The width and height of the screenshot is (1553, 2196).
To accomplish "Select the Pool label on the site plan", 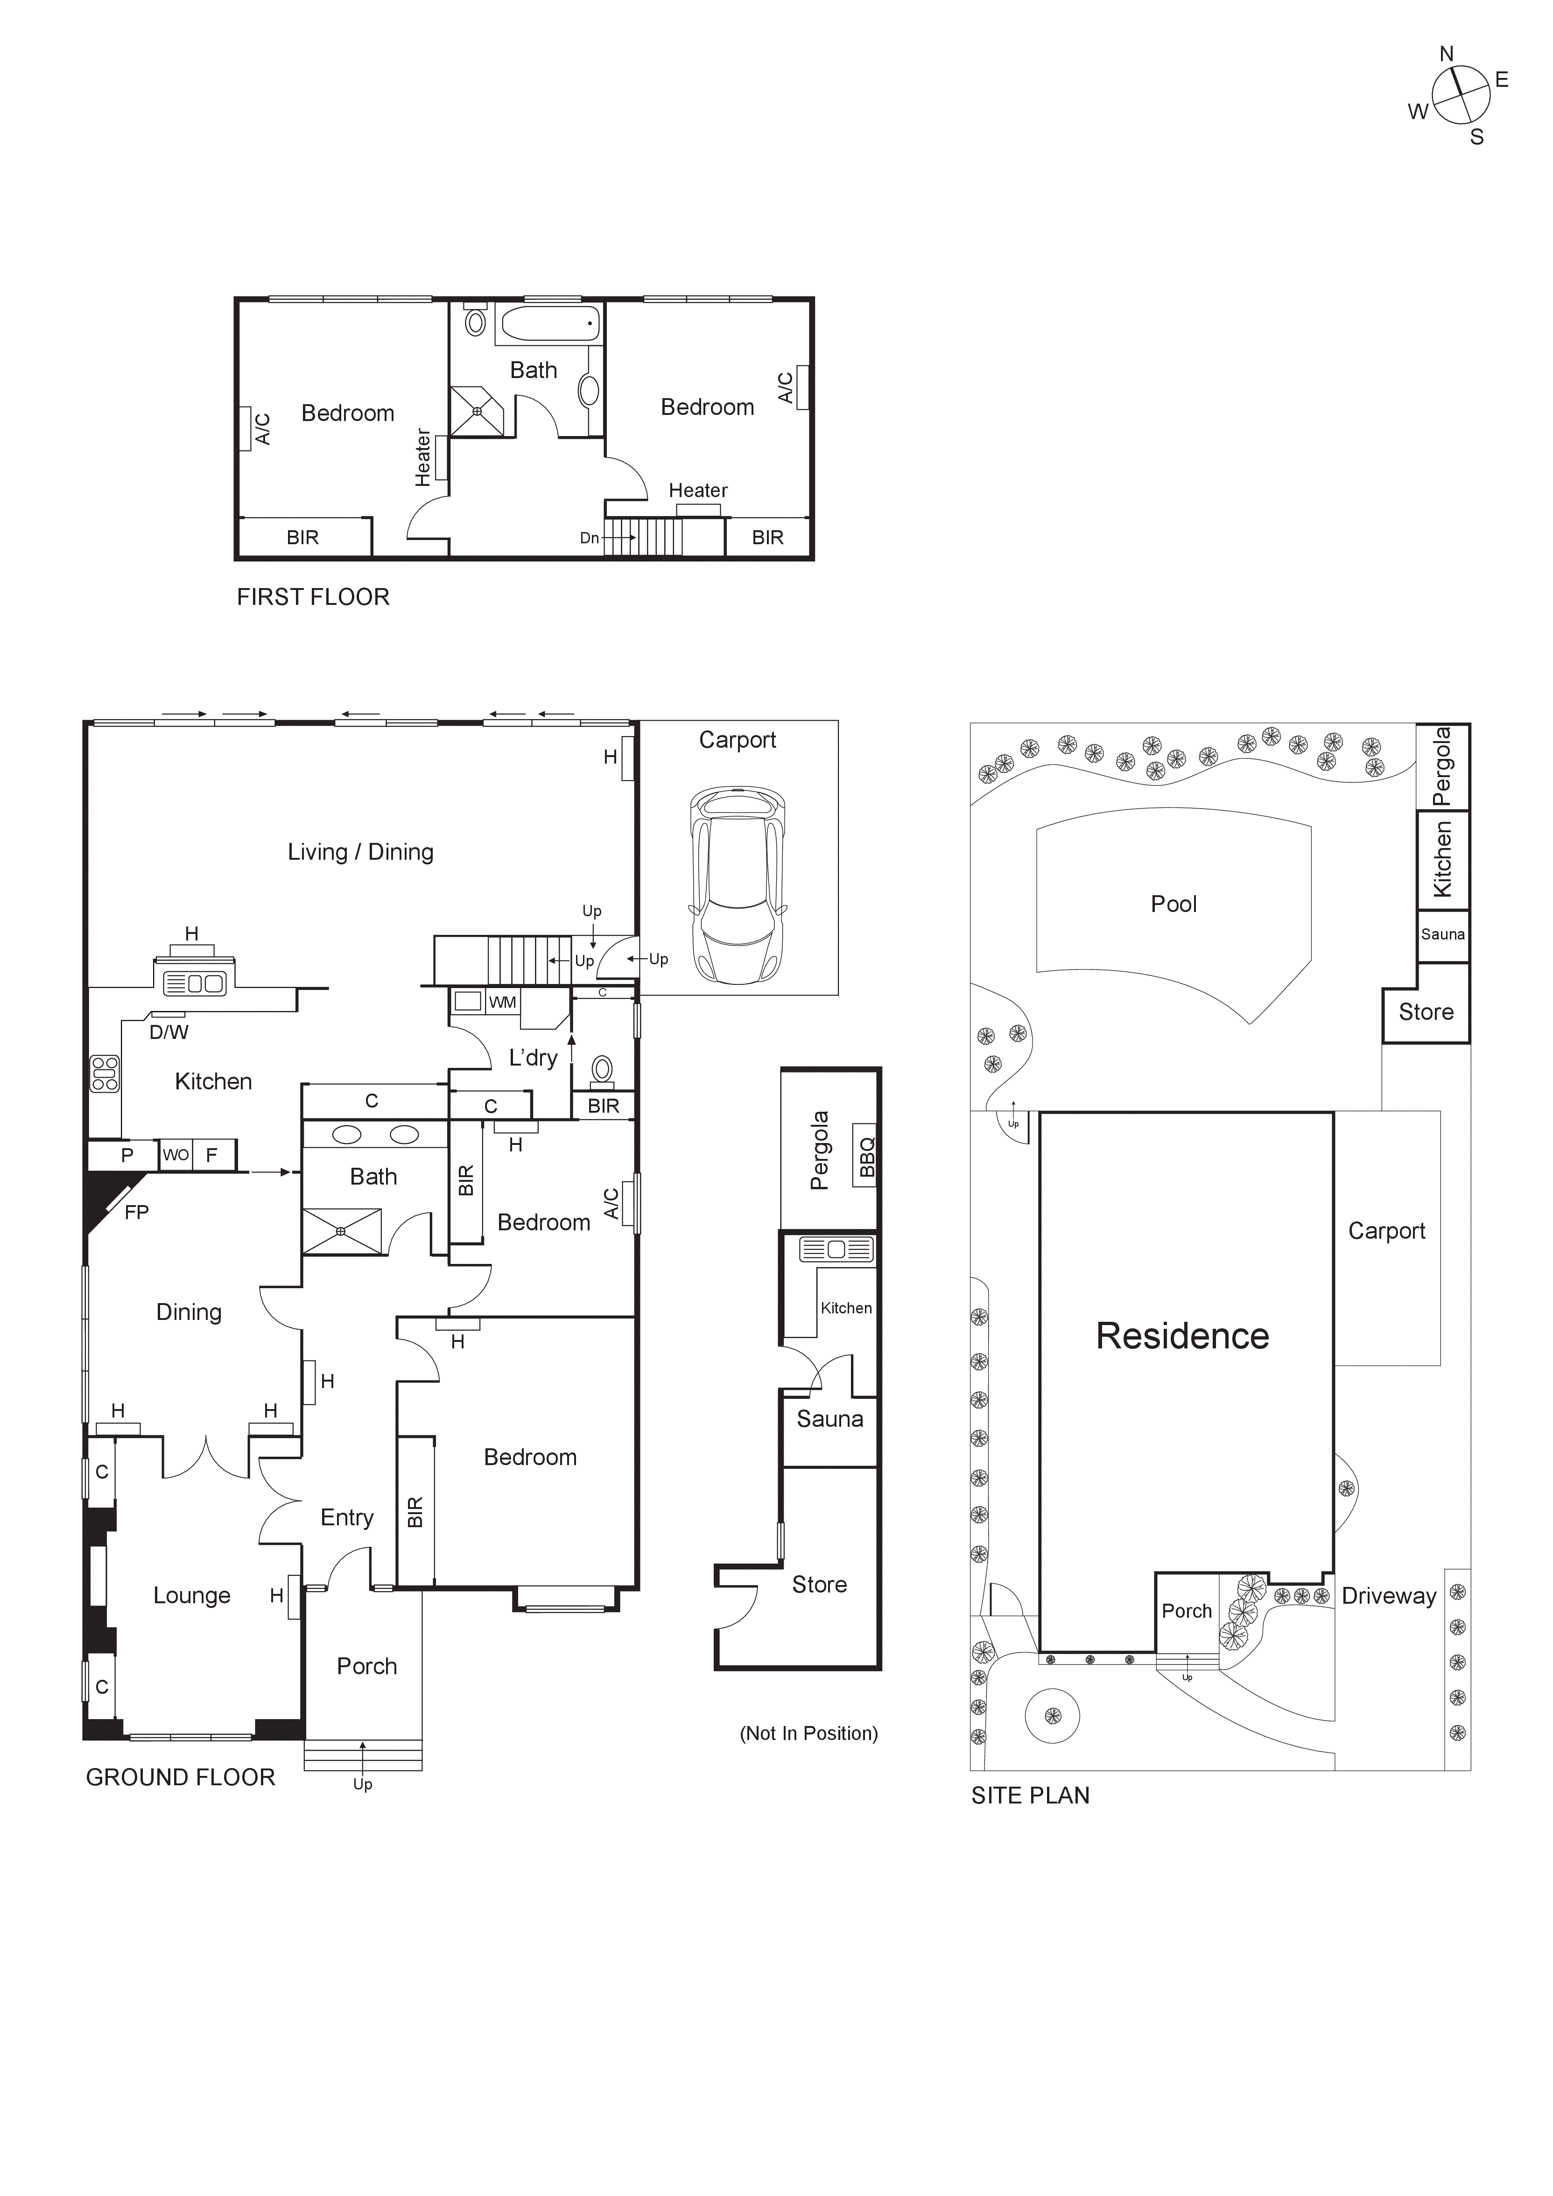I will [1174, 904].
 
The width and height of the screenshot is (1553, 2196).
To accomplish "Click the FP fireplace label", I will [137, 1212].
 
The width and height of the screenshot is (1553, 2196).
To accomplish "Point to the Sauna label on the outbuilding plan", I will [829, 1418].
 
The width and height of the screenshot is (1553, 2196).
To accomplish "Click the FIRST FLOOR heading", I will [313, 597].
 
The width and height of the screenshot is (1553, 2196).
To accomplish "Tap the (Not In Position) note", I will [808, 1733].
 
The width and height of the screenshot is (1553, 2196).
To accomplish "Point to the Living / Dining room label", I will [360, 851].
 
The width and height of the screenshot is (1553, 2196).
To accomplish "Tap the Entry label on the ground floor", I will [346, 1517].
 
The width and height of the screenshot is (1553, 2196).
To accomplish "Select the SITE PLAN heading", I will [1030, 1795].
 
